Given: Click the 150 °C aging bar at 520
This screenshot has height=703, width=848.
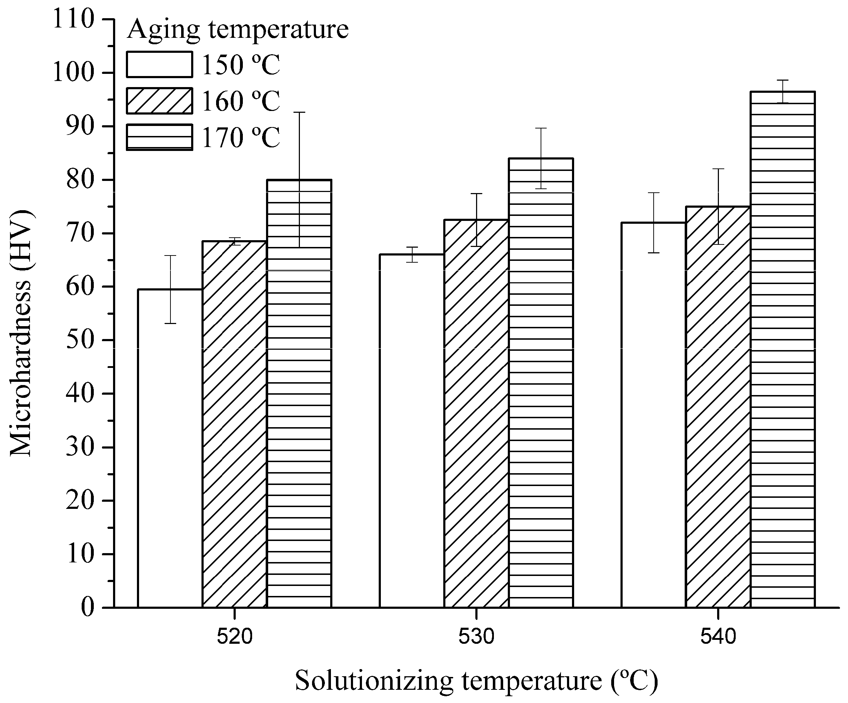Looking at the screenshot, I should pos(170,449).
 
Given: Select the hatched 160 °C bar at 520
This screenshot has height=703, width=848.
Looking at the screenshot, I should pos(234,424).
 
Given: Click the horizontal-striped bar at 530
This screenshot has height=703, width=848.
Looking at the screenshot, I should pos(541,384).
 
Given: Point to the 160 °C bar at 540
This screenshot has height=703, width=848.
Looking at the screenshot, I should pos(718,408).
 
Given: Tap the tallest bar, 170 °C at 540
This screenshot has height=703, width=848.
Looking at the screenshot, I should pos(783,351).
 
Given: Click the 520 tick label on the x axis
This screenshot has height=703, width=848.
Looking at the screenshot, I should pos(235,637).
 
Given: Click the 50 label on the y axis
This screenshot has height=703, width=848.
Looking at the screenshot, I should pos(80,340).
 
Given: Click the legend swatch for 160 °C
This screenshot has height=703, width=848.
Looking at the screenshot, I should pos(159,101).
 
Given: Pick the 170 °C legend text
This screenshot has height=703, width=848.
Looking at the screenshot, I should pos(241,137).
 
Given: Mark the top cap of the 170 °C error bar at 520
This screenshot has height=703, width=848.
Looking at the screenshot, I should pos(299,112).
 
